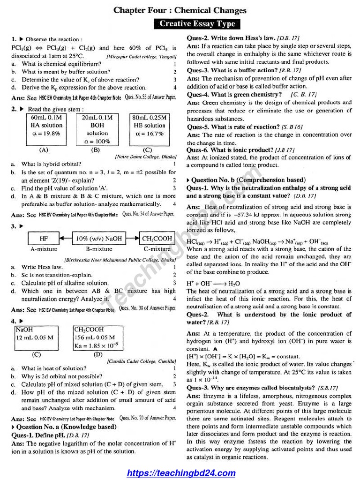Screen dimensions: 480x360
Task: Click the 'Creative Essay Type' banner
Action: click(x=197, y=24)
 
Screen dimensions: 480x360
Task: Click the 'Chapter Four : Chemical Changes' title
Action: click(x=180, y=10)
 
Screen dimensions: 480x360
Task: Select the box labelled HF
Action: click(x=44, y=239)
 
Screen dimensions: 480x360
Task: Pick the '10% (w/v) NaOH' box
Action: click(x=99, y=239)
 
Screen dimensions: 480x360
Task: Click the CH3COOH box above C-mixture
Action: click(x=157, y=239)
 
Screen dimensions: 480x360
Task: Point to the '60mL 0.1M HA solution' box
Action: click(x=46, y=126)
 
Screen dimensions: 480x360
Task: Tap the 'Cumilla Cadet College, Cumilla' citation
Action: click(x=142, y=361)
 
